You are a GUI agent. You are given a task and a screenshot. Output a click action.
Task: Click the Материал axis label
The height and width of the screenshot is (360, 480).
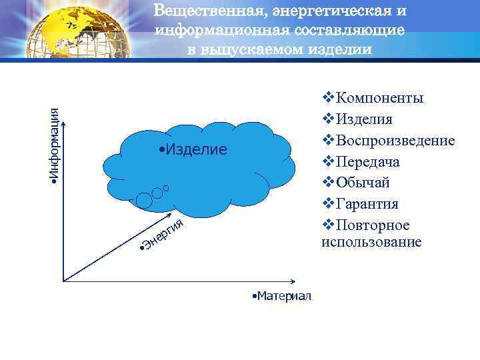click(x=282, y=295)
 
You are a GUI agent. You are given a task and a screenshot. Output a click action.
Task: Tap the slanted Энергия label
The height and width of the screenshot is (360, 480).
click(x=161, y=236)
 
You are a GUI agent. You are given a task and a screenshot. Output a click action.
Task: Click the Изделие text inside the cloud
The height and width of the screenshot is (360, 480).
click(x=194, y=148)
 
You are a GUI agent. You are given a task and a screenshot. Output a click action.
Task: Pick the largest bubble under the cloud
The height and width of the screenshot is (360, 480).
click(x=143, y=199)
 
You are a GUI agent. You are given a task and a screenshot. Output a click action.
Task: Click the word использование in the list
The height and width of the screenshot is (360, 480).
click(x=371, y=241)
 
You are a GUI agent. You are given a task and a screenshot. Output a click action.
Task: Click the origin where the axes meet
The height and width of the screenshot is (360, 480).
click(x=63, y=279)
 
